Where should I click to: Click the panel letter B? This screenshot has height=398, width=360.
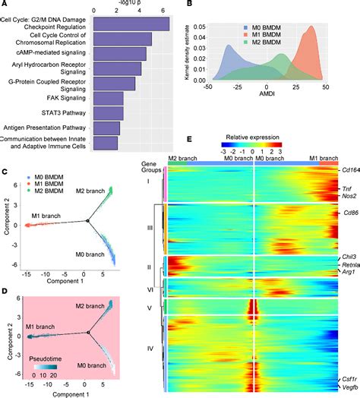click(x=188, y=5)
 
